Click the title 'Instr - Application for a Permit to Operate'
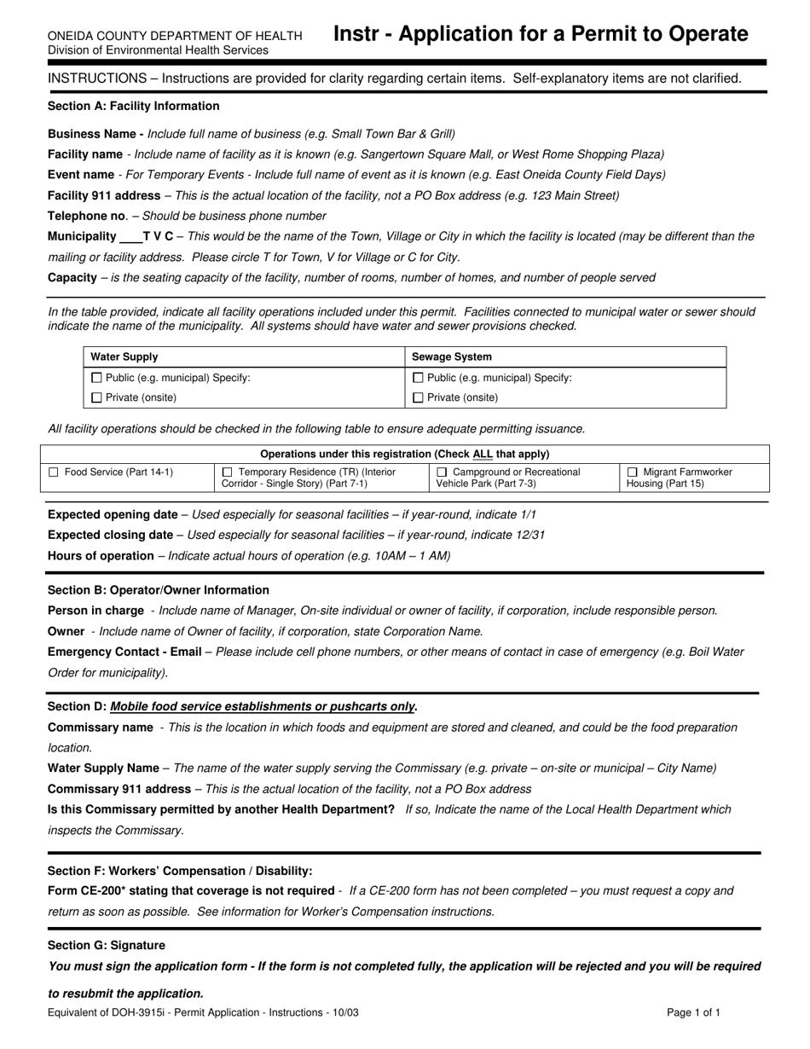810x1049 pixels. [541, 34]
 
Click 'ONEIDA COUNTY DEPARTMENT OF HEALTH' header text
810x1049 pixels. [175, 36]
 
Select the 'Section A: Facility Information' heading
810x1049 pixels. [134, 107]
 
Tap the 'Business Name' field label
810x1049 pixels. [95, 134]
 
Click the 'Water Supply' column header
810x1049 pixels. [124, 356]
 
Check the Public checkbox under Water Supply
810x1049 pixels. [96, 378]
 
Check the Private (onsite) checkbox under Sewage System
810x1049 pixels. [418, 397]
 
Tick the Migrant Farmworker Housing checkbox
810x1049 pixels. [633, 472]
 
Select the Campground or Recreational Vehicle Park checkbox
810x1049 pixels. [442, 472]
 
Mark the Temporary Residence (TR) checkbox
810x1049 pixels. [227, 472]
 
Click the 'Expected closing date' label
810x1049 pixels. [110, 535]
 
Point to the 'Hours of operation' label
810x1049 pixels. [101, 555]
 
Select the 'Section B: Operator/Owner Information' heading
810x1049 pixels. [159, 590]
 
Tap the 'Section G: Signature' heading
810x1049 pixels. [107, 945]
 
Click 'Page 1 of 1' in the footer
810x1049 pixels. [694, 1013]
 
